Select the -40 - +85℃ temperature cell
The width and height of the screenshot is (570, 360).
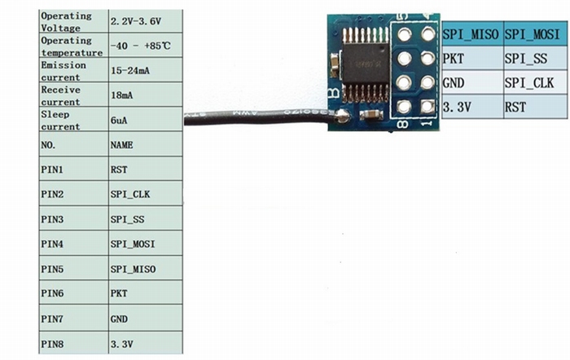[138, 46]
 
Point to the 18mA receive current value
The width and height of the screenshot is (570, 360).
[121, 95]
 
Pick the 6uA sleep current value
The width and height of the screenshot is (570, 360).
[119, 120]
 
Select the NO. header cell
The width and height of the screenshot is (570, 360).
[49, 145]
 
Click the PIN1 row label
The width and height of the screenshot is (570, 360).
[51, 169]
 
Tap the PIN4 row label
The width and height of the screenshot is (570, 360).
[51, 244]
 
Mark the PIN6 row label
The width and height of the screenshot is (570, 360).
[51, 292]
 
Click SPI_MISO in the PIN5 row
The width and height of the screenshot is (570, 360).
[132, 269]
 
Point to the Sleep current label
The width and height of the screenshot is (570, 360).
[60, 120]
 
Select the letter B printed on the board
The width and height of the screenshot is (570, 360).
[333, 93]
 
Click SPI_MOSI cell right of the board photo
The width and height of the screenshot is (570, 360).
[531, 36]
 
